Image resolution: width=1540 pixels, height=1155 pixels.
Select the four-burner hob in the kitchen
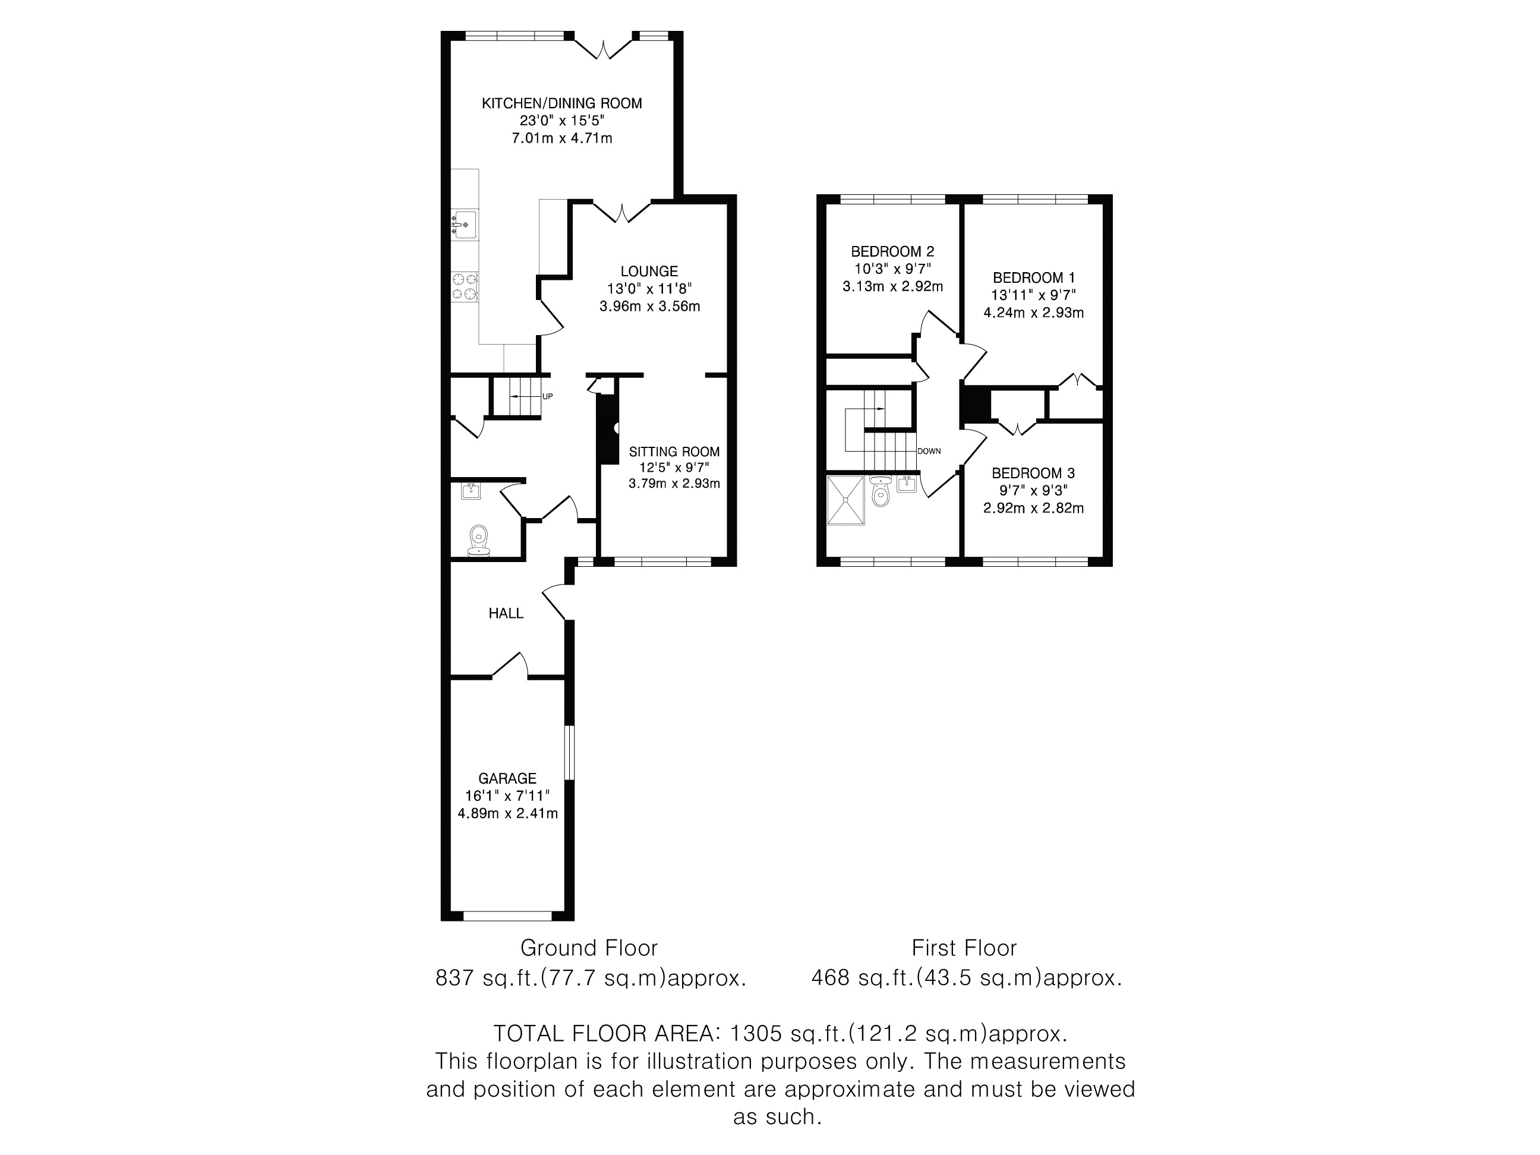(x=465, y=287)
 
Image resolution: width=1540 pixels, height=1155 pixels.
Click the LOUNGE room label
(x=649, y=272)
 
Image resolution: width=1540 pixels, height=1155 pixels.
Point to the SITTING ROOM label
(x=674, y=452)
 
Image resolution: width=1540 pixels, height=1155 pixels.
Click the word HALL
(x=506, y=613)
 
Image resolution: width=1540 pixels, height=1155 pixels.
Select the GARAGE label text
(x=507, y=778)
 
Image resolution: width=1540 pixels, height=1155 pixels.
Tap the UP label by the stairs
(x=547, y=397)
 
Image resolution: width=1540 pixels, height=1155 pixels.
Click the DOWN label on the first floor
(x=929, y=451)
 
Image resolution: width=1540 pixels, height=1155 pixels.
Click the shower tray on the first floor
(x=846, y=500)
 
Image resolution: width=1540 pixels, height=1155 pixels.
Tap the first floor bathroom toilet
(x=881, y=491)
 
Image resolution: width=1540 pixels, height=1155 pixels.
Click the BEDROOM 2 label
(x=892, y=251)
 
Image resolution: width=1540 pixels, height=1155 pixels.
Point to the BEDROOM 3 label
(x=1033, y=474)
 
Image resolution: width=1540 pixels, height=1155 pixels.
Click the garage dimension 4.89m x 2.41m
(x=507, y=813)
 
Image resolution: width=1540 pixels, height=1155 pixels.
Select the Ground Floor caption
(x=589, y=948)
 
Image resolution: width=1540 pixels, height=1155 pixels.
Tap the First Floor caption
(x=964, y=948)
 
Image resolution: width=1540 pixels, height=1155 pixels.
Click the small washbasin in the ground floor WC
(x=471, y=491)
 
